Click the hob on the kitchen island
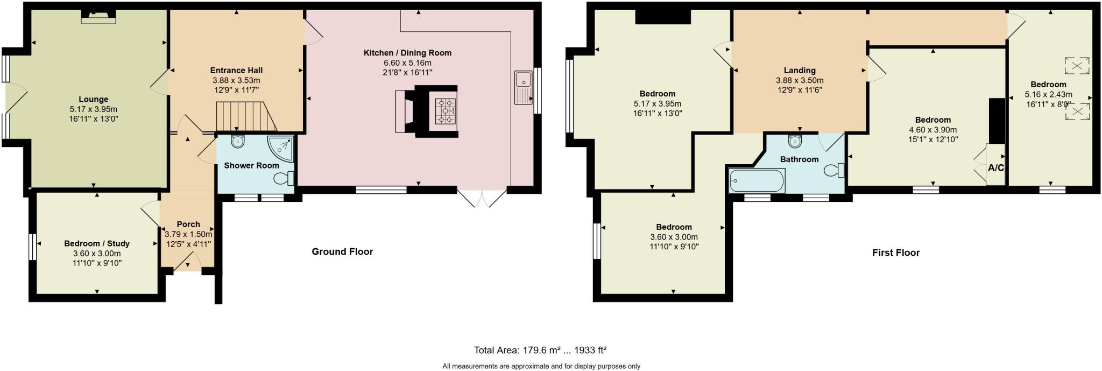coord(445,112)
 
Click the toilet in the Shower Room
coord(284,178)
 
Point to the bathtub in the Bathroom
coord(756,181)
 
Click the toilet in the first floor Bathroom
coord(834,171)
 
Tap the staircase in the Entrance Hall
coord(245,117)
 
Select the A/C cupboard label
coord(995,168)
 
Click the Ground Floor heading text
coord(342,251)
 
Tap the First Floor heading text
coord(895,253)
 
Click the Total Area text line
coord(540,350)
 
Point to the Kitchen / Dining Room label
coord(407,53)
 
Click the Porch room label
coord(188,224)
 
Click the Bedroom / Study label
coord(97,243)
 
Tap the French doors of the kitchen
coord(482,198)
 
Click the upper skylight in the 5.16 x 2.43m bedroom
coord(1077,66)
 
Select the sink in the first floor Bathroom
coord(795,141)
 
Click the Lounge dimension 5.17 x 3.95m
coord(93,109)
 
